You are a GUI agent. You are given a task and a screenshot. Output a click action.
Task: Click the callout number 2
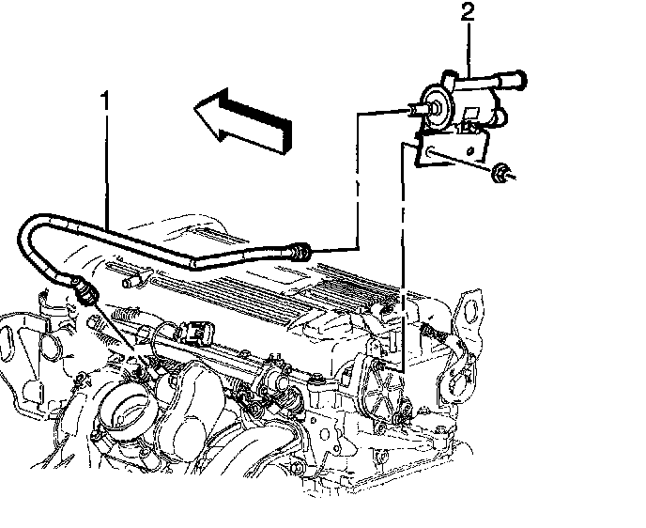[x=467, y=12]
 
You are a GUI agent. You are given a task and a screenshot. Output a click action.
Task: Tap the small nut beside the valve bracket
[x=503, y=172]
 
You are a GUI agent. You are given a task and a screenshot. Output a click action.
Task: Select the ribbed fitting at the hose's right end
[x=300, y=251]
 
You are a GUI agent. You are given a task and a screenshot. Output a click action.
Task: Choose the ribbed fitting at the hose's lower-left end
[x=85, y=289]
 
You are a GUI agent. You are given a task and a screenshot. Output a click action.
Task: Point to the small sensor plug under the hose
[x=136, y=279]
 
